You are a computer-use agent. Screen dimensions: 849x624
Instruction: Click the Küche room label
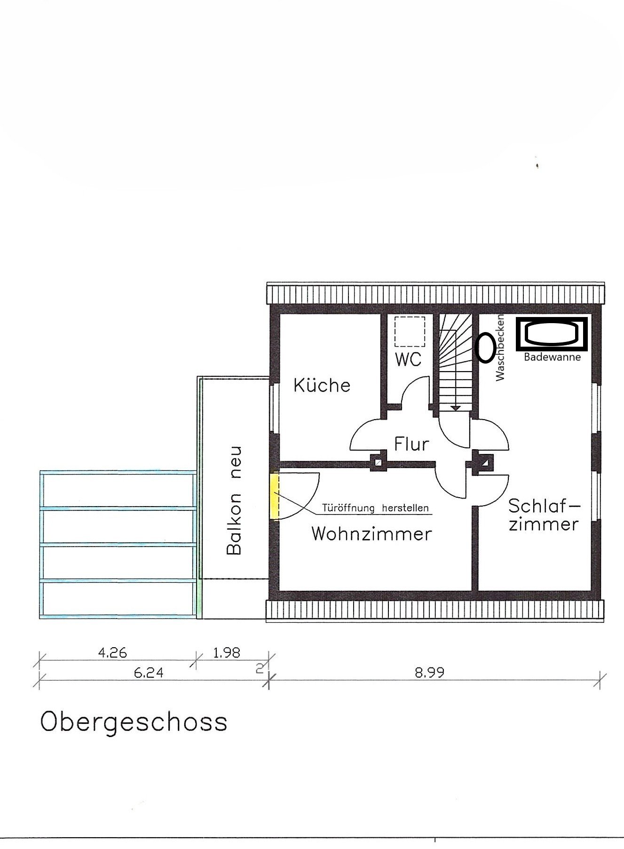pos(322,386)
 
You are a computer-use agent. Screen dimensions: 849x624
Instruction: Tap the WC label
pos(408,359)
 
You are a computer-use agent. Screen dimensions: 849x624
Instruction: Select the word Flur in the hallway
pos(411,444)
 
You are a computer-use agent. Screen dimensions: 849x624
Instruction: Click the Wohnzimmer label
pos(371,534)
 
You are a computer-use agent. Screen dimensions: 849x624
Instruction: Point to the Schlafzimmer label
pos(544,515)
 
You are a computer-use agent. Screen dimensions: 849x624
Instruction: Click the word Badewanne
pos(552,357)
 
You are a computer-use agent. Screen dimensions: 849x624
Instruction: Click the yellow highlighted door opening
pos(275,496)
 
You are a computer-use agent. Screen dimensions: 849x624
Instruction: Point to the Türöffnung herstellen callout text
pos(375,508)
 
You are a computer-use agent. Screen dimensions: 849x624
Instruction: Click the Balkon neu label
pos(234,501)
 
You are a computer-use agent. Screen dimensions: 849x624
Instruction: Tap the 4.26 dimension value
pos(112,653)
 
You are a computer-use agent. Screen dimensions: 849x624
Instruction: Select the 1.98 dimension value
pos(227,653)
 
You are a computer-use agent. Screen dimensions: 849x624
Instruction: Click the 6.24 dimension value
pos(149,673)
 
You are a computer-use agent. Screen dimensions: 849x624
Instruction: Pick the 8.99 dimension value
pos(429,673)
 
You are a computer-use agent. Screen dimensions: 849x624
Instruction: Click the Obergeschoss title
pos(134,722)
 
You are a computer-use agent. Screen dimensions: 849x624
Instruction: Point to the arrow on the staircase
pos(455,408)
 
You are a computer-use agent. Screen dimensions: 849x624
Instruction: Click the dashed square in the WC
pos(410,331)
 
